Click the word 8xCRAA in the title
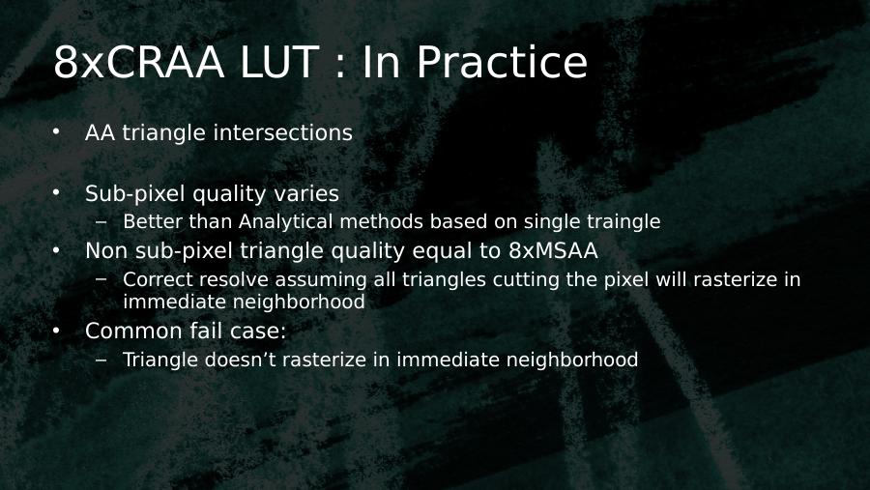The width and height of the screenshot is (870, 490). (138, 62)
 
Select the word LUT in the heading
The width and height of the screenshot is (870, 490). (279, 62)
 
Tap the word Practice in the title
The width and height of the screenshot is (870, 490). (502, 62)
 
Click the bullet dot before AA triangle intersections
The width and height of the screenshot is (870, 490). (56, 131)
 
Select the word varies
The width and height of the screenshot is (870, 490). (306, 193)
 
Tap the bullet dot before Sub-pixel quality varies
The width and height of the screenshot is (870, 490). (56, 192)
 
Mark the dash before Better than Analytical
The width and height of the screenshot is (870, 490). (101, 222)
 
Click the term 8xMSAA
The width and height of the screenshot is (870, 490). (553, 251)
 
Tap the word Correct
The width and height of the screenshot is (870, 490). (158, 279)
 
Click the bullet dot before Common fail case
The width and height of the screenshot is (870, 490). (56, 331)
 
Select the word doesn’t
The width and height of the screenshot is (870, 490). (241, 360)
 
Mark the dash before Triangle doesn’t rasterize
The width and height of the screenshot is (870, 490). (101, 360)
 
